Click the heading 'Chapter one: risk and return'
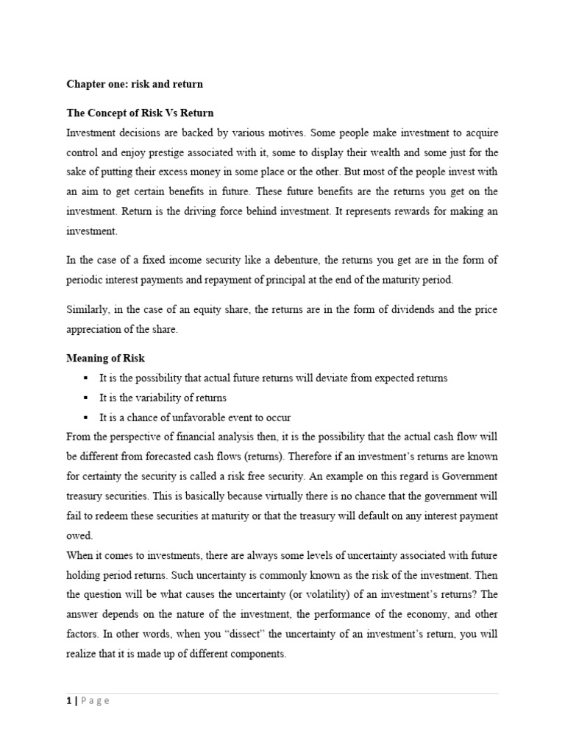click(x=135, y=84)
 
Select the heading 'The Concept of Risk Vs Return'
click(x=140, y=113)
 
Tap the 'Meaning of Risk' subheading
click(x=106, y=358)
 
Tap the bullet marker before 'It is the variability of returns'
click(x=85, y=398)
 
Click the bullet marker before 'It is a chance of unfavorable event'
click(x=85, y=417)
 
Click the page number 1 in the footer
click(x=69, y=701)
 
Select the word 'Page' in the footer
click(x=95, y=701)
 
